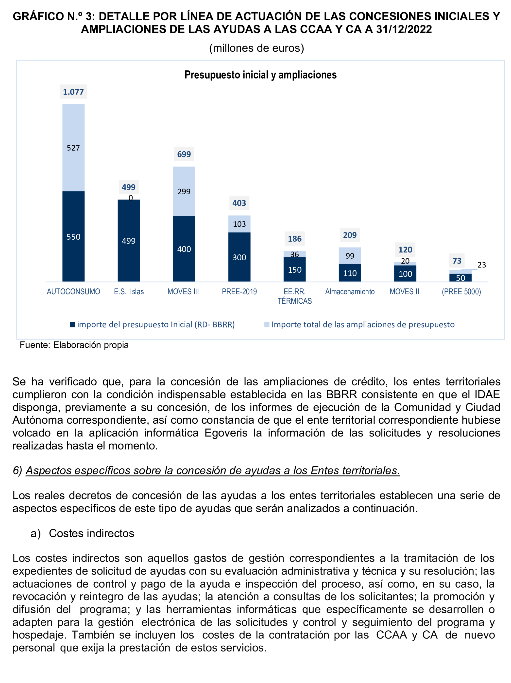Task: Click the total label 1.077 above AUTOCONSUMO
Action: coord(73,92)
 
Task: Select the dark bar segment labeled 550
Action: coord(73,236)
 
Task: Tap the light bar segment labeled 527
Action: coord(73,148)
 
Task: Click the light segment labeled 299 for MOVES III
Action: coord(184,191)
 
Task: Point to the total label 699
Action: coord(184,154)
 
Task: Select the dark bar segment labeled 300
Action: coord(239,257)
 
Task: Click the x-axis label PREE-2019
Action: coord(239,292)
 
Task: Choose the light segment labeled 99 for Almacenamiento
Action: coord(350,255)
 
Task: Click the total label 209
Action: coord(350,235)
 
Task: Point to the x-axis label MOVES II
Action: coord(404,292)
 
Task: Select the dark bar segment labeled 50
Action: coord(460,277)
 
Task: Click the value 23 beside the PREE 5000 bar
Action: coord(481,265)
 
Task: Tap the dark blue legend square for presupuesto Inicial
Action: coord(72,325)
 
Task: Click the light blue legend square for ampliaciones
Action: coord(267,325)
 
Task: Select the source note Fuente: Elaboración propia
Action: coord(74,345)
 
